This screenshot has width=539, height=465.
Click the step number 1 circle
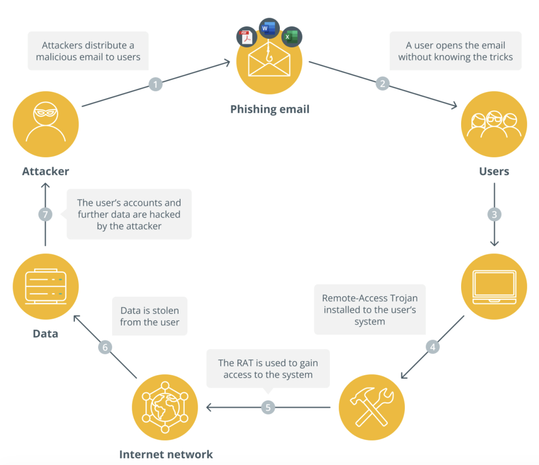(155, 84)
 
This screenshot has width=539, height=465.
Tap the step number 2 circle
(382, 84)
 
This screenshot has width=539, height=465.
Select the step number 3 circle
(494, 214)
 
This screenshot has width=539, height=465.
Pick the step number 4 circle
(433, 347)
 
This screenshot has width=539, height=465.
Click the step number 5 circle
(268, 407)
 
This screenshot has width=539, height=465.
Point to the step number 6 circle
(105, 347)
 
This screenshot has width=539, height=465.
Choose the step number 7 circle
(45, 214)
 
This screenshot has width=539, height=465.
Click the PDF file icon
(247, 37)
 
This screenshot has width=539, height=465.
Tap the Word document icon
(269, 28)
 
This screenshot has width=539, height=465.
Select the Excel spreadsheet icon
(291, 37)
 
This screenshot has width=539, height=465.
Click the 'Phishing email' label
(269, 109)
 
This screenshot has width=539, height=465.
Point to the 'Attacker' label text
(46, 171)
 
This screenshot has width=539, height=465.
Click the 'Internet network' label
(166, 455)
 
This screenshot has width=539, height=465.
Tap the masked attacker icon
(46, 124)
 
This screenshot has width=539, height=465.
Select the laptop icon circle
(494, 286)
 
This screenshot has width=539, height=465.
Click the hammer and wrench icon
(372, 407)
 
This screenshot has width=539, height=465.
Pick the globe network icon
(165, 407)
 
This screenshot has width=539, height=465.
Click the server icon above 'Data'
(46, 286)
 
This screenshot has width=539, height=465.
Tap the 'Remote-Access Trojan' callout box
(370, 310)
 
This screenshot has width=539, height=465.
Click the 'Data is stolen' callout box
(149, 316)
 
